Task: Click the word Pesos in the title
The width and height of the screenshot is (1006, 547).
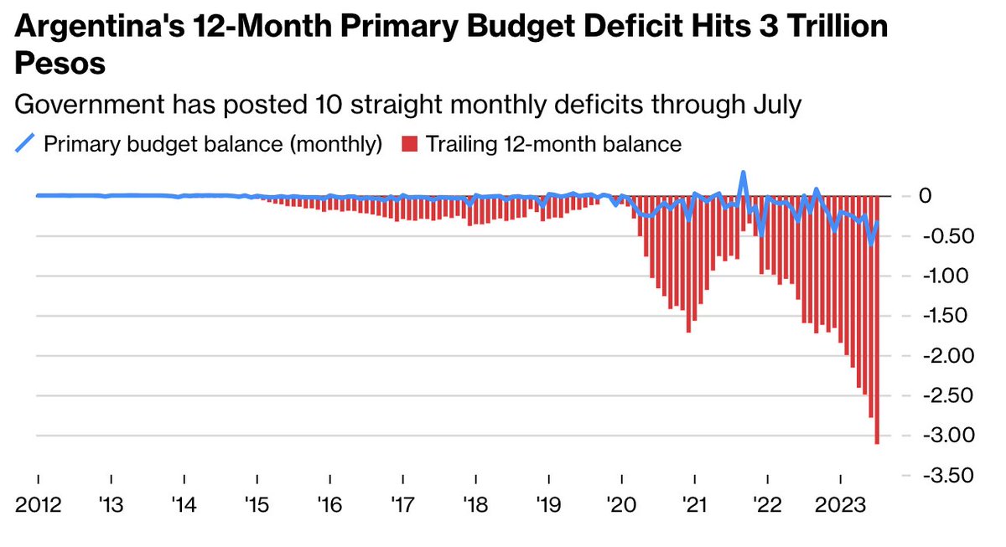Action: coord(61,65)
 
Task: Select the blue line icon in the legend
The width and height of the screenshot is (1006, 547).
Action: coord(26,144)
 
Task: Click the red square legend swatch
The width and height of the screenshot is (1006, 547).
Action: coord(408,144)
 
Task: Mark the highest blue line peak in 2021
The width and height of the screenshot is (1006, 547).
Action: coord(743,173)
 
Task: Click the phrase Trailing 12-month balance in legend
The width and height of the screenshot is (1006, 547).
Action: coord(553,144)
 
